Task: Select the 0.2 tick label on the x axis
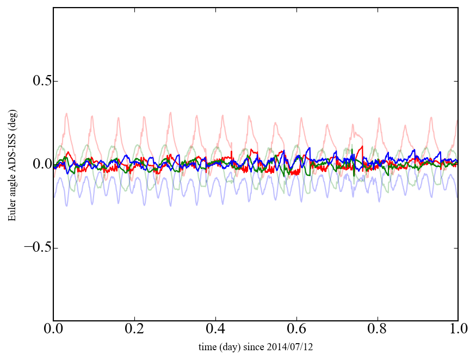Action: pos(134,330)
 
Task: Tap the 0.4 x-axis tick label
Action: pos(215,330)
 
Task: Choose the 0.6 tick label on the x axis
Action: pos(296,330)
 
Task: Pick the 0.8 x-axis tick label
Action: pos(377,330)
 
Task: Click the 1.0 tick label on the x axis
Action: pos(458,330)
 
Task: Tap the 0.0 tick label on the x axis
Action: pos(53,330)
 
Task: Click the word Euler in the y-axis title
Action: pos(11,212)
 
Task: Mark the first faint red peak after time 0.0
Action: pos(66,114)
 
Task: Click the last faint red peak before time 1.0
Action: pos(431,117)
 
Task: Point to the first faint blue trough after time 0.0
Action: pos(67,206)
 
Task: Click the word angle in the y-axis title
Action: pos(11,187)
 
